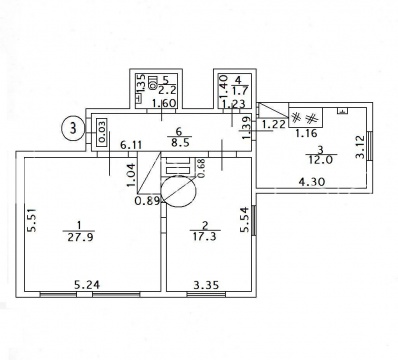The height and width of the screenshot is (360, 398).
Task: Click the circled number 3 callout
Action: pyautogui.click(x=73, y=128)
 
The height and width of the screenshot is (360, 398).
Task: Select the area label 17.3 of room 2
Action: pyautogui.click(x=205, y=236)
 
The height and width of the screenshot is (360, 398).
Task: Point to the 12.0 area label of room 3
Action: pyautogui.click(x=321, y=160)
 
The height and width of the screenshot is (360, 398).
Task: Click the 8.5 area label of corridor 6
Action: pyautogui.click(x=179, y=143)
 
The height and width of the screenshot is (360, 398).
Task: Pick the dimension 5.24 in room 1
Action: pyautogui.click(x=87, y=285)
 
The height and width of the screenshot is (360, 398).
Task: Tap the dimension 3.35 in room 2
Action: pyautogui.click(x=207, y=285)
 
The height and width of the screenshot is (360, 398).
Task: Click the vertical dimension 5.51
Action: pyautogui.click(x=32, y=220)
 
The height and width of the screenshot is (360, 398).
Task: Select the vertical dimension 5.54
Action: pyautogui.click(x=245, y=220)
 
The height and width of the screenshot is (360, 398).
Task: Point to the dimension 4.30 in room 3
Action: pyautogui.click(x=312, y=182)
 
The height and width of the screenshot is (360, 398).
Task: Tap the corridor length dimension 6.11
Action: pyautogui.click(x=131, y=145)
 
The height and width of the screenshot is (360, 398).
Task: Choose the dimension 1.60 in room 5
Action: pyautogui.click(x=163, y=103)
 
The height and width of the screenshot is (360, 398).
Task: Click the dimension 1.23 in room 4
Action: pyautogui.click(x=233, y=104)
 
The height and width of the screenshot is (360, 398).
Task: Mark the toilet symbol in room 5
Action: pyautogui.click(x=153, y=83)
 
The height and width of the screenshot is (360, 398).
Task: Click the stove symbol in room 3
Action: pyautogui.click(x=305, y=118)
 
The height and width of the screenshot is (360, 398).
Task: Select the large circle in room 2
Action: pyautogui.click(x=178, y=191)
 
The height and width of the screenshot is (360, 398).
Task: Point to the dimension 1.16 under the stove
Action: pyautogui.click(x=306, y=133)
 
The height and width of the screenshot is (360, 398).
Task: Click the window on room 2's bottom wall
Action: pyautogui.click(x=206, y=294)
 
